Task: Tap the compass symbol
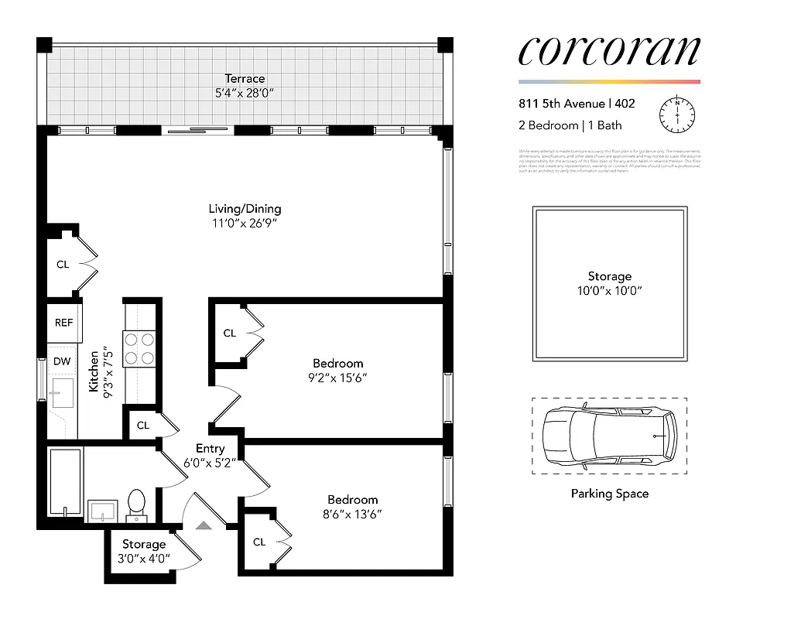click(x=676, y=114)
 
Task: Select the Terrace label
click(x=245, y=78)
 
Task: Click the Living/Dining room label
click(x=245, y=208)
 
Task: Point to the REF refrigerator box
click(x=64, y=322)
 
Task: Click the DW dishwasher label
click(x=62, y=361)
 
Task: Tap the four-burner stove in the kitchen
click(x=139, y=347)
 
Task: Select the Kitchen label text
click(x=94, y=371)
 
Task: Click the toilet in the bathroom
click(x=137, y=502)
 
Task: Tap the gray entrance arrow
click(x=204, y=526)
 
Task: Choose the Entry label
click(x=211, y=448)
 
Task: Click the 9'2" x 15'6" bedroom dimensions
click(x=338, y=378)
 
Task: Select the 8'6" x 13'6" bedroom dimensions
click(x=353, y=514)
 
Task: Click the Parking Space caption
click(x=609, y=494)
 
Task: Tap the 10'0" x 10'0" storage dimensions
click(x=609, y=291)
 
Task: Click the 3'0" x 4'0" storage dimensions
click(x=144, y=558)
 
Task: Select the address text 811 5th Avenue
click(x=562, y=104)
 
